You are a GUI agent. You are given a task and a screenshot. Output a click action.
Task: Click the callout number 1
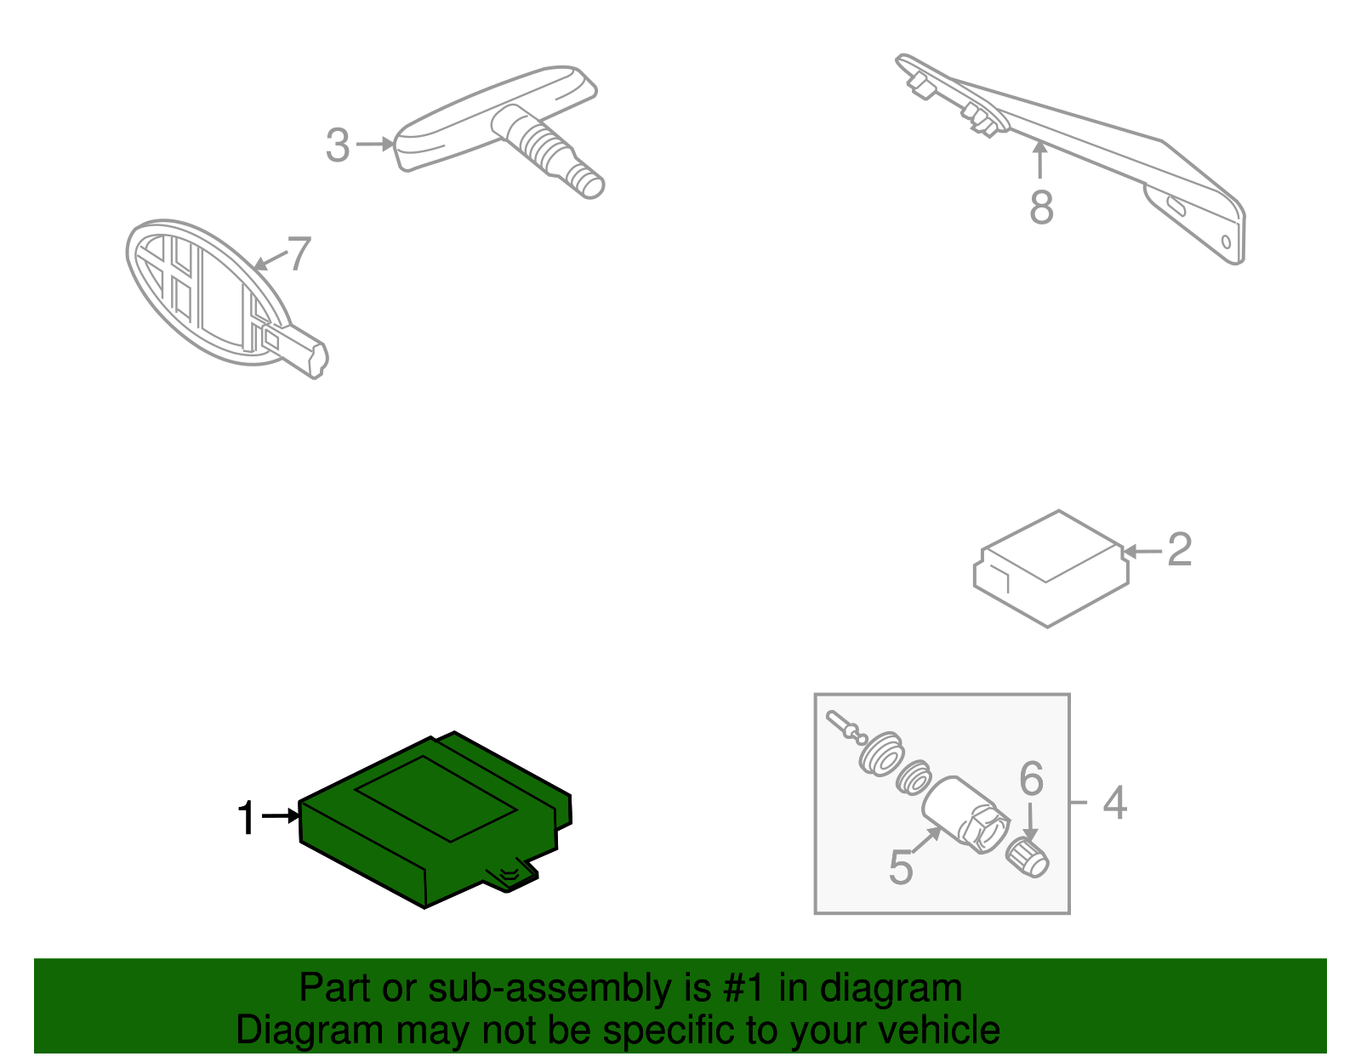pyautogui.click(x=246, y=819)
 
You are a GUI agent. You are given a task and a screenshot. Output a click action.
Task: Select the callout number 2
pyautogui.click(x=1179, y=550)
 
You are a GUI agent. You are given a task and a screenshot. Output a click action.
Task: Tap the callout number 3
pyautogui.click(x=338, y=145)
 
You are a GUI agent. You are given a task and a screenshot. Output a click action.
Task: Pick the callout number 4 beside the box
pyautogui.click(x=1114, y=803)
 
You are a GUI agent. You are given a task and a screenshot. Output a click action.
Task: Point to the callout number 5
pyautogui.click(x=900, y=867)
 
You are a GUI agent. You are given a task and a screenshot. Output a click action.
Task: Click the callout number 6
pyautogui.click(x=1031, y=778)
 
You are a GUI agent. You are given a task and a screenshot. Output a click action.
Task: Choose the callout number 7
pyautogui.click(x=299, y=254)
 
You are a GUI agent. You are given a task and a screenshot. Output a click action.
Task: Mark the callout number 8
pyautogui.click(x=1041, y=207)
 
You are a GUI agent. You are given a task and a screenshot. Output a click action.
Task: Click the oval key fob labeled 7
pyautogui.click(x=204, y=293)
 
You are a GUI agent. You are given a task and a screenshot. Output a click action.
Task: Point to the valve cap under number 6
pyautogui.click(x=1028, y=856)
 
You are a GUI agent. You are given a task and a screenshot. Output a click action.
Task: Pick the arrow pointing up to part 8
pyautogui.click(x=1039, y=160)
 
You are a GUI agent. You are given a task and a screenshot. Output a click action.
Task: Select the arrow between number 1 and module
pyautogui.click(x=282, y=816)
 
